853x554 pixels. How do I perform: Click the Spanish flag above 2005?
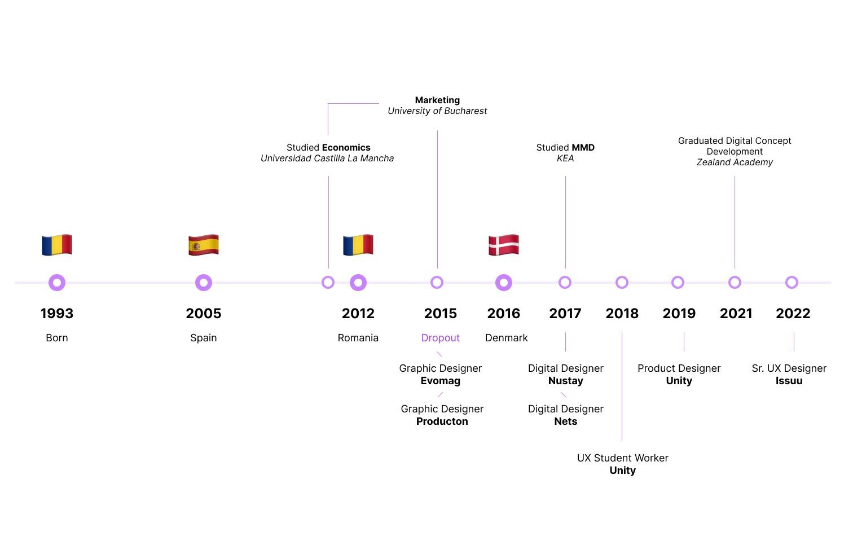click(x=203, y=245)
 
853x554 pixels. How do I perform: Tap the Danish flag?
click(x=503, y=245)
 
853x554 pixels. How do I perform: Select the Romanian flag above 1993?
click(x=57, y=245)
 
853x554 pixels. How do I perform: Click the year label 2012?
click(x=358, y=313)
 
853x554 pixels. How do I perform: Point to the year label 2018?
click(x=622, y=313)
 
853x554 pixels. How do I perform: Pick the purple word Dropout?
click(x=440, y=338)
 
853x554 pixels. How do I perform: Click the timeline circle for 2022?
click(x=792, y=282)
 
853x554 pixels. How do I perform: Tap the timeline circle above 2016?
click(x=503, y=282)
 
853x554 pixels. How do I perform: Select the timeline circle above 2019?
click(x=678, y=282)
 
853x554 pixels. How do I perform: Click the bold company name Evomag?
click(x=440, y=381)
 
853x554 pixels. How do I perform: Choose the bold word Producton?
click(x=442, y=421)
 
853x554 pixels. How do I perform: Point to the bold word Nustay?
click(x=565, y=381)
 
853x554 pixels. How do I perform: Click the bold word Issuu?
click(x=789, y=381)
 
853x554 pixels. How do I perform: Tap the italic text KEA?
click(x=565, y=159)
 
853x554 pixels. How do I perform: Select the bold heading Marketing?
click(x=437, y=100)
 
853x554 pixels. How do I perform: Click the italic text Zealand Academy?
click(x=734, y=162)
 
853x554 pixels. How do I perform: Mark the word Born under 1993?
click(x=57, y=338)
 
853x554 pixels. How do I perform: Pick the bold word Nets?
click(x=565, y=421)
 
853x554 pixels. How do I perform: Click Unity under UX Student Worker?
click(x=622, y=471)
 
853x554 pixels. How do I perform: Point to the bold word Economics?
click(x=346, y=148)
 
